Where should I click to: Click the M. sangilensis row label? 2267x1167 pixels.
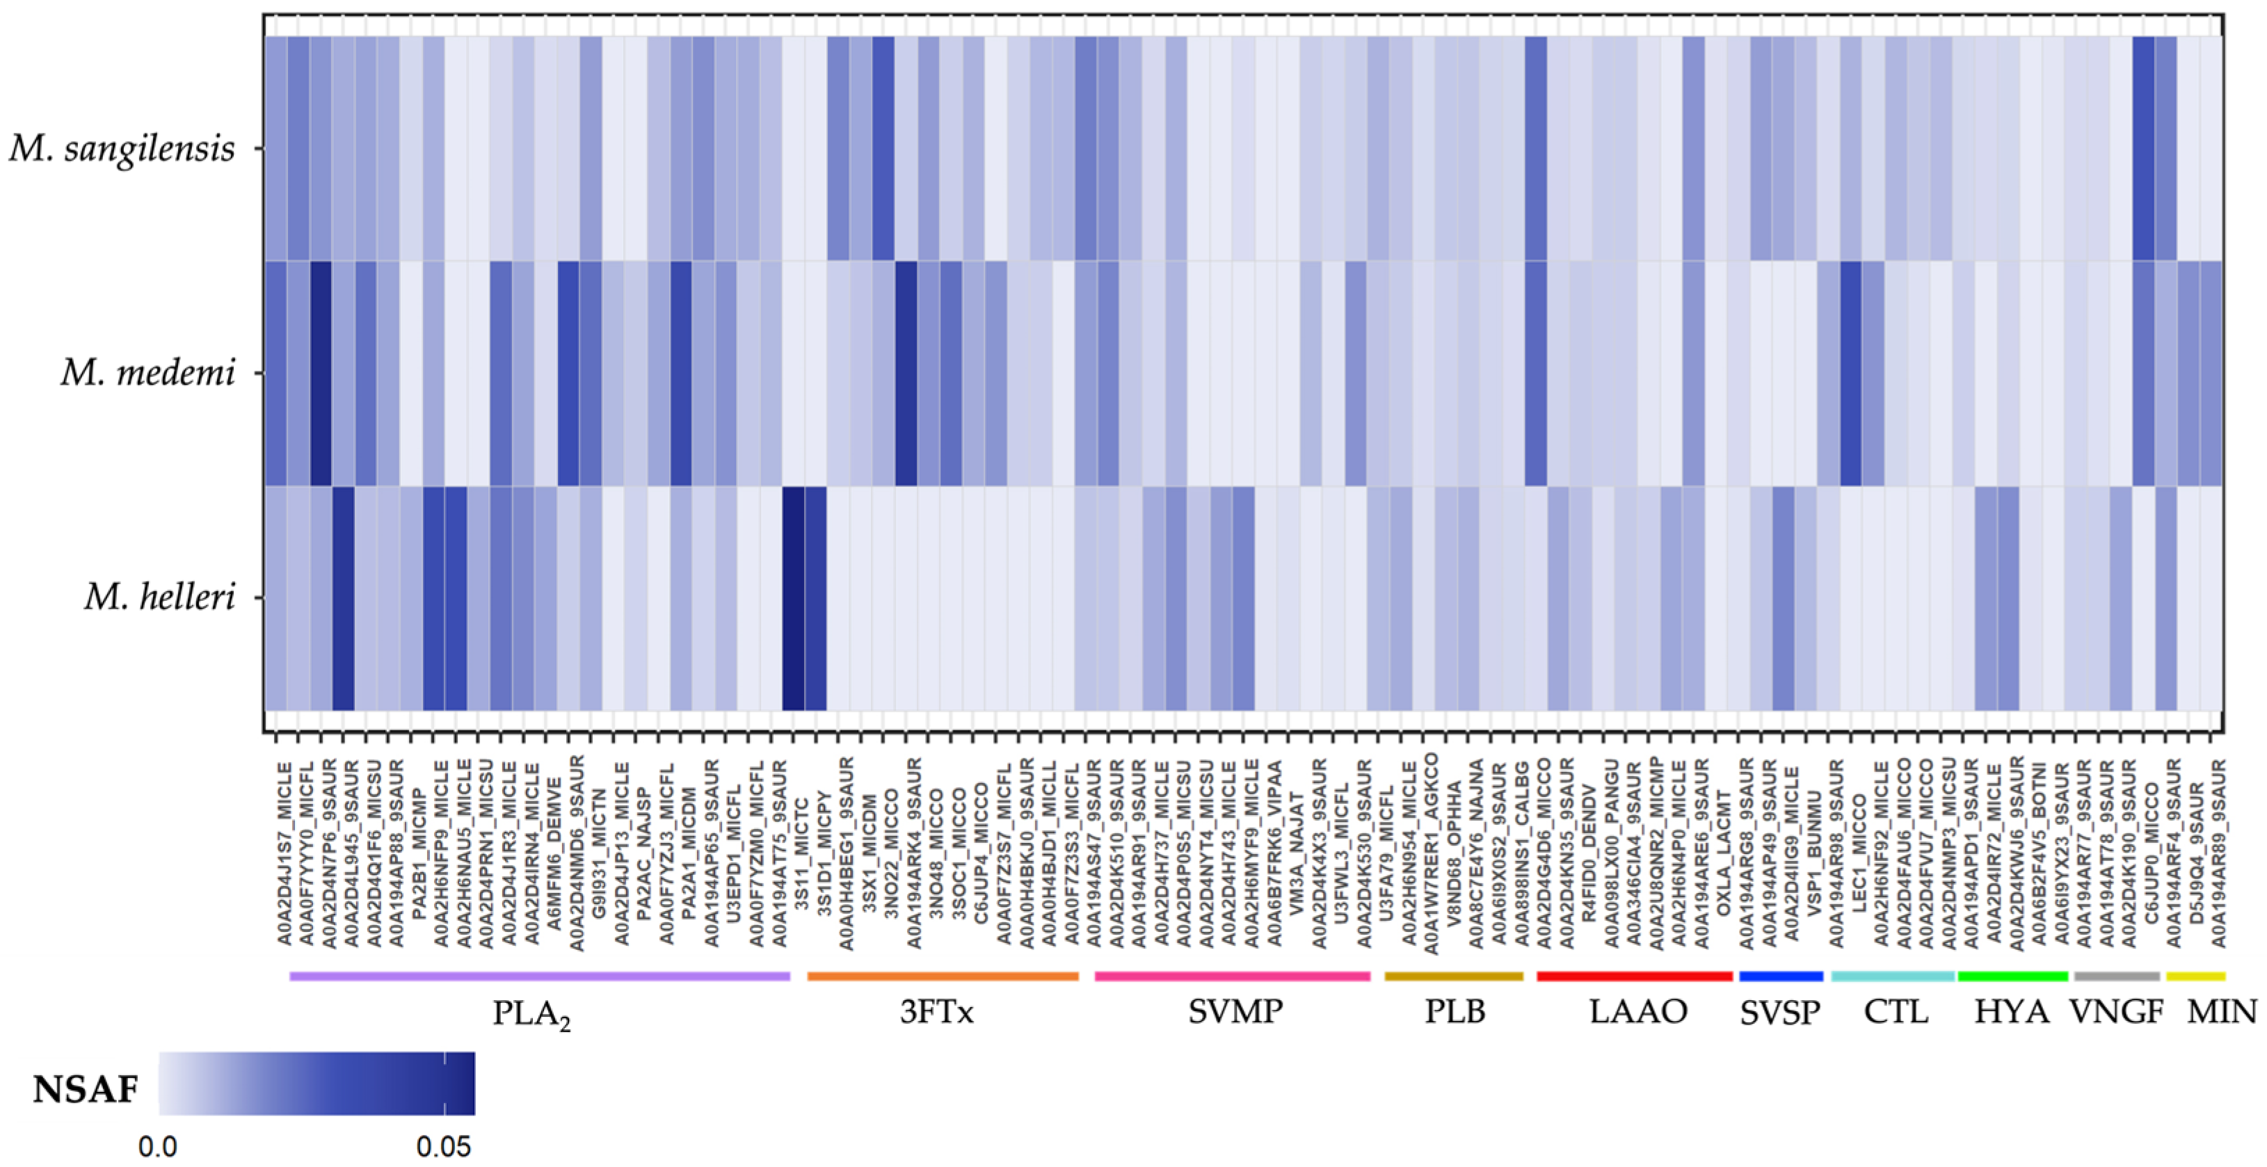point(122,149)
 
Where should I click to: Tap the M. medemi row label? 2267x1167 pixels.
point(148,373)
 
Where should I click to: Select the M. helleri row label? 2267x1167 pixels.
point(160,597)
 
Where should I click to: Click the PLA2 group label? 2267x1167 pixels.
point(531,1014)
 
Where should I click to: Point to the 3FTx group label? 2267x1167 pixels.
point(936,1012)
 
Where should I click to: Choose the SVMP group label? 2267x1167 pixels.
point(1235,1012)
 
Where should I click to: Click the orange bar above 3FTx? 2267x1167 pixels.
point(943,976)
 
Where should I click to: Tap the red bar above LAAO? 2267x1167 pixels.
point(1634,976)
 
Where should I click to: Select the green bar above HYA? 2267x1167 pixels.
point(2012,976)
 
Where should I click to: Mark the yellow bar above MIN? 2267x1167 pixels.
point(2196,976)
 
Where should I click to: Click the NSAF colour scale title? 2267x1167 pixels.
point(86,1090)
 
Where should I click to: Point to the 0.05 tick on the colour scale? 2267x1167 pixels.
point(444,1147)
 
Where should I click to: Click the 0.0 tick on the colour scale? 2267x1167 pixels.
point(159,1147)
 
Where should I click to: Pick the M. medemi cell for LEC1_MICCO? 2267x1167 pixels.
point(1851,373)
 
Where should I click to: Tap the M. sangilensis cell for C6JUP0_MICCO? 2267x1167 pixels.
point(2144,149)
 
